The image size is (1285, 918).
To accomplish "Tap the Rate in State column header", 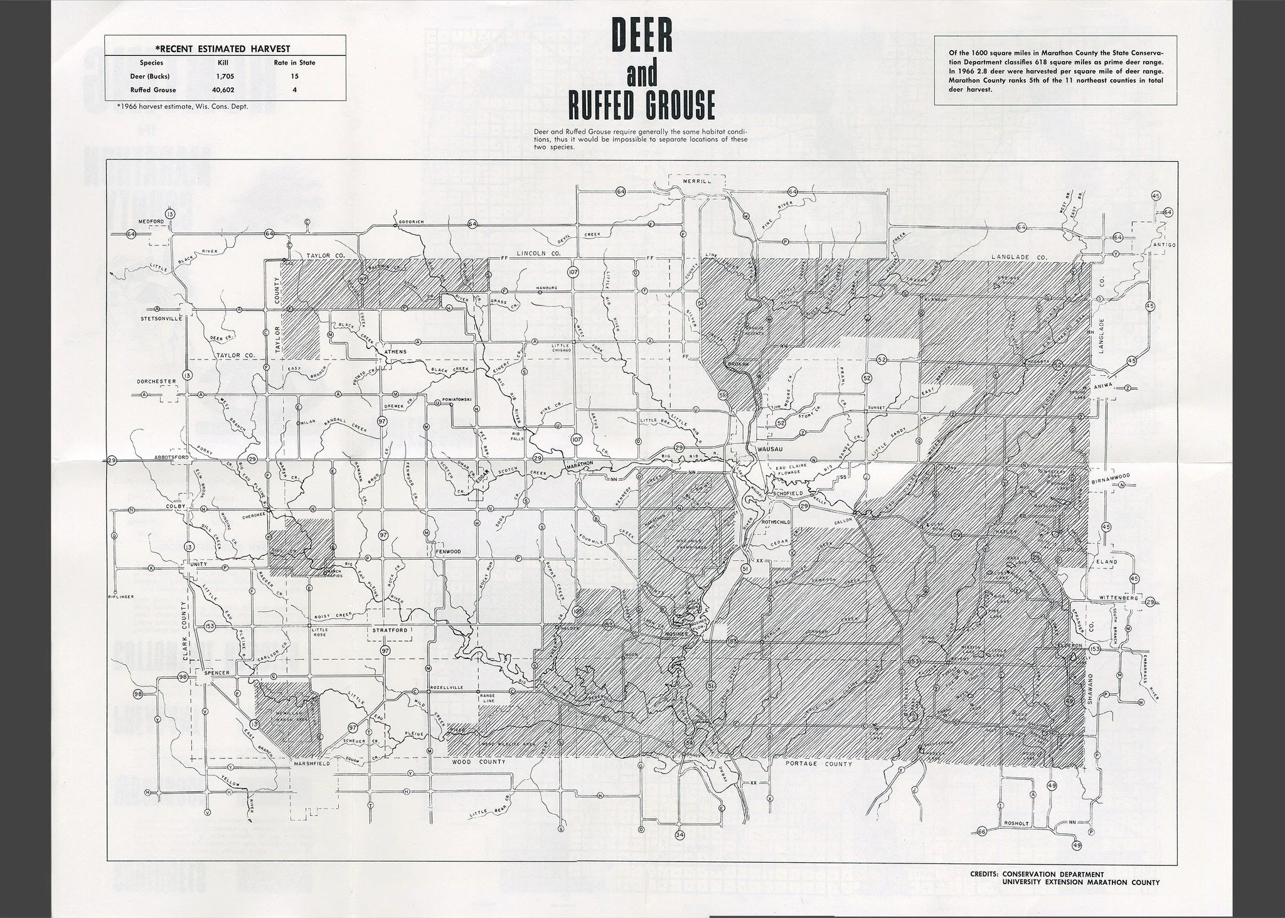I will pos(294,62).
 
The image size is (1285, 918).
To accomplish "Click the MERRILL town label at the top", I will pos(696,181).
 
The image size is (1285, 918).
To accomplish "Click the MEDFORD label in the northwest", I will pos(151,222).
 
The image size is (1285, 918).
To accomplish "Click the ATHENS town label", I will pos(395,351).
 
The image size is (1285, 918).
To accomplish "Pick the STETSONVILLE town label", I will pos(161,318).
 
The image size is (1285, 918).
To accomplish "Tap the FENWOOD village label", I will pos(448,551).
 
